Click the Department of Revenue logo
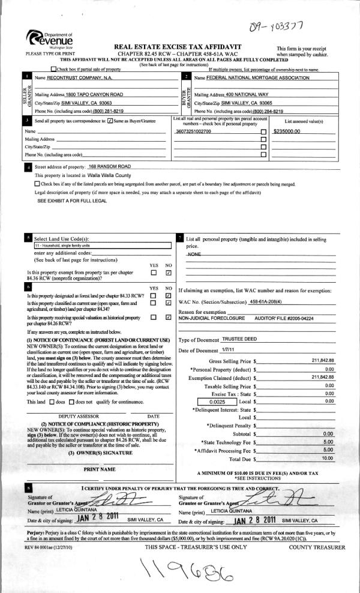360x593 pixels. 44,40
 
